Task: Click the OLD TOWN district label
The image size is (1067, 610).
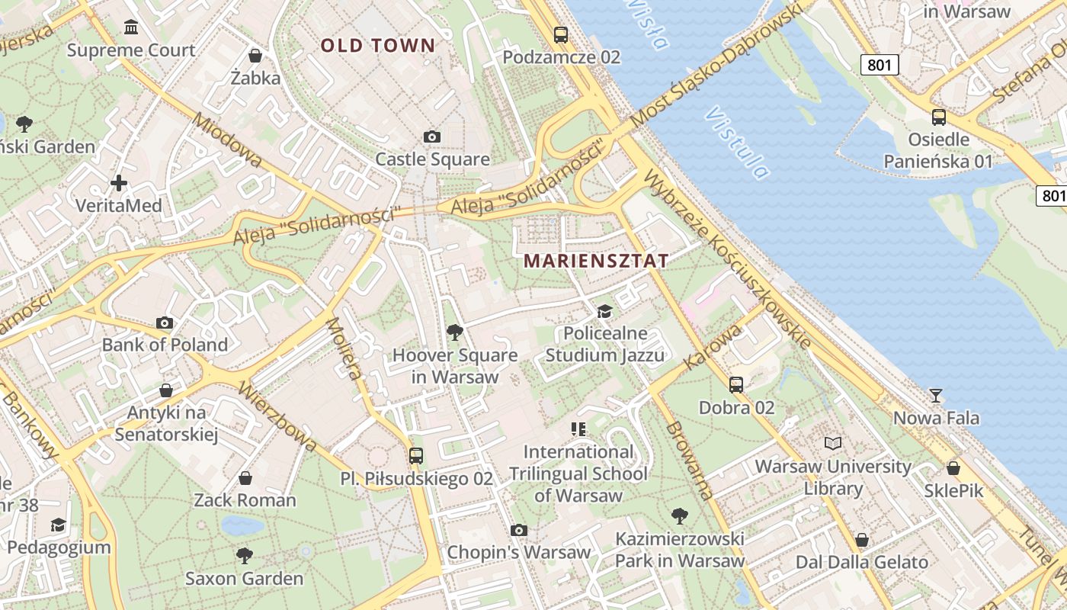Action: (377, 46)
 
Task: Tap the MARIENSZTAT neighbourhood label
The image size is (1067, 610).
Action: (596, 261)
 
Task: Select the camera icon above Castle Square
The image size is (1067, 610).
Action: (432, 137)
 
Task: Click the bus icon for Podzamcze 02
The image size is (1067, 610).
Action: (561, 34)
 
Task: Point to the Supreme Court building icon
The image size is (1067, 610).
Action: (131, 28)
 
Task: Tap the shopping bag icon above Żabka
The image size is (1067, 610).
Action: (255, 56)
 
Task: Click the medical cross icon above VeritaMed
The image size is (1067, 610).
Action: (119, 183)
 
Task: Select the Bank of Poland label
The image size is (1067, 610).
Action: (165, 345)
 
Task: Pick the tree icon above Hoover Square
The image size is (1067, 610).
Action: (455, 332)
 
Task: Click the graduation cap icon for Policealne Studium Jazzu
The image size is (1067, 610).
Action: (604, 311)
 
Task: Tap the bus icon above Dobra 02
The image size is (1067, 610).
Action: (736, 385)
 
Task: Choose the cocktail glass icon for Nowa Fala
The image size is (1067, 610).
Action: (936, 395)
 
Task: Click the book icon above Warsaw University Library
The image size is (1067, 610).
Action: (833, 443)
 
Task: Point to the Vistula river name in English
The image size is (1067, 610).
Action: (736, 143)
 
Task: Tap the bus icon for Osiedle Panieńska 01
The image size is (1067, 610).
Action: (939, 117)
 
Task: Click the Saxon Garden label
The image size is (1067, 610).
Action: (244, 579)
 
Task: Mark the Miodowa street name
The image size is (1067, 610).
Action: (227, 140)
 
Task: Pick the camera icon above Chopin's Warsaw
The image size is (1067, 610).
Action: (519, 530)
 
